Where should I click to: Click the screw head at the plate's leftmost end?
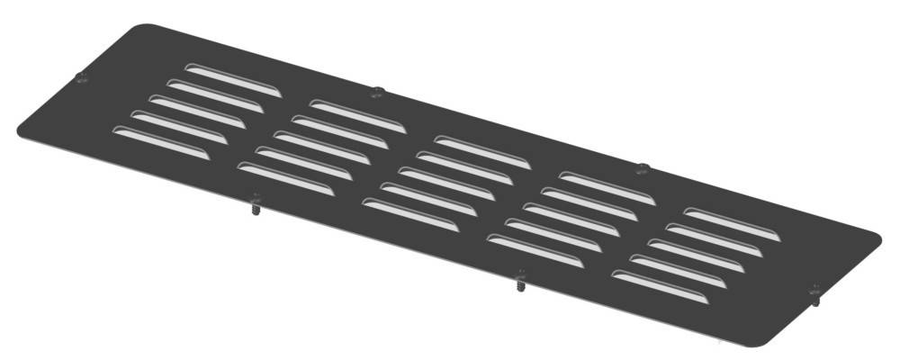[83, 77]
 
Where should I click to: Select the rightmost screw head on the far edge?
[643, 168]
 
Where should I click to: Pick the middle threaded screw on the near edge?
[520, 281]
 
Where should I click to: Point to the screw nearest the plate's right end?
[815, 293]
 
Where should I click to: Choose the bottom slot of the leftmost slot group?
[161, 144]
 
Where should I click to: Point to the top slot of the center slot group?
[481, 150]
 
